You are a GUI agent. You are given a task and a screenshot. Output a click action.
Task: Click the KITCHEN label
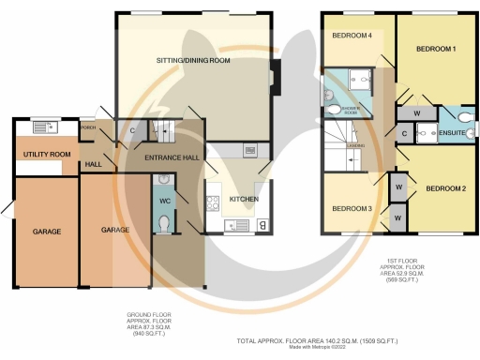click(244, 200)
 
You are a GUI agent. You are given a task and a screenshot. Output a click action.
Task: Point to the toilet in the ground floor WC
click(165, 223)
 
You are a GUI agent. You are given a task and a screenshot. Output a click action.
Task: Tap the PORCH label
click(89, 127)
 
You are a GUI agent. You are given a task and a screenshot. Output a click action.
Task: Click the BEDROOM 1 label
click(436, 48)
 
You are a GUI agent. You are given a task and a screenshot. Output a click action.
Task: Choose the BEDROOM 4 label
click(352, 36)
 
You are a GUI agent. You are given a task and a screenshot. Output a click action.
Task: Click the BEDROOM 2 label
click(445, 188)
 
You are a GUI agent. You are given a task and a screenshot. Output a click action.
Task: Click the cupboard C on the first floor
click(403, 135)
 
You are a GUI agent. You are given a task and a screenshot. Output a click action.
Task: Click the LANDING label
click(355, 146)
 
